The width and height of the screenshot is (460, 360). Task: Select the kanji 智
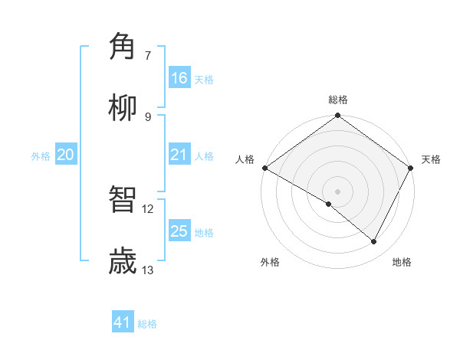click(x=123, y=199)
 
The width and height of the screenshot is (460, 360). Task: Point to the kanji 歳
click(x=123, y=260)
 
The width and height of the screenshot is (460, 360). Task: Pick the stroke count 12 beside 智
click(x=148, y=208)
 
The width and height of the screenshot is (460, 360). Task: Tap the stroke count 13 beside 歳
click(x=148, y=270)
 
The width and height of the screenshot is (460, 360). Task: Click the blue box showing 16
click(x=179, y=78)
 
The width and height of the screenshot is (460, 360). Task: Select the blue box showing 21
click(x=179, y=155)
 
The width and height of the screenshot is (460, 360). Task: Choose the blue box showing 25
click(x=179, y=231)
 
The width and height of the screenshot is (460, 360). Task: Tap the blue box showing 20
click(x=66, y=155)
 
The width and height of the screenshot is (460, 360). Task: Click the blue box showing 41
click(x=123, y=323)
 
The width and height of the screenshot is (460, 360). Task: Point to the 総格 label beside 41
click(x=147, y=324)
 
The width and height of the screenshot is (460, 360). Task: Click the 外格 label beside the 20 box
click(x=41, y=155)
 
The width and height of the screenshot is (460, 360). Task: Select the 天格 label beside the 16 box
click(x=203, y=79)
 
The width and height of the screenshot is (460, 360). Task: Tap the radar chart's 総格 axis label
click(x=338, y=100)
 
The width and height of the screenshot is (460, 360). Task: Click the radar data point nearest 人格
click(x=264, y=168)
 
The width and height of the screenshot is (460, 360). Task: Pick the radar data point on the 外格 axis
click(x=329, y=204)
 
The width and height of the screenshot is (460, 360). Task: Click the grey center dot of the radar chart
click(x=338, y=191)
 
